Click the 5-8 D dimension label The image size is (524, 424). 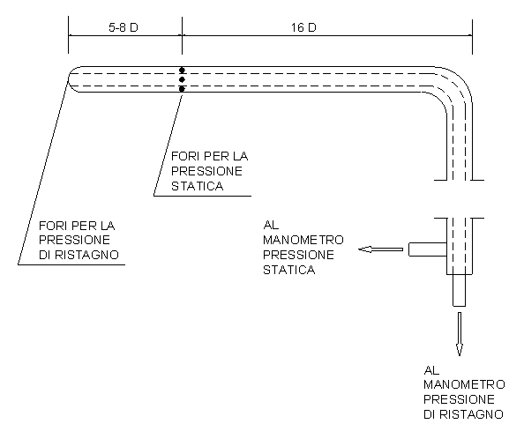(x=123, y=27)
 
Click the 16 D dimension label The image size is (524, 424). (x=303, y=27)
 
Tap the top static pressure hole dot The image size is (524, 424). (x=182, y=71)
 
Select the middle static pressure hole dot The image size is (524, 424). (x=182, y=79)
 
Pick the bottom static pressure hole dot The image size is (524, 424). (x=182, y=89)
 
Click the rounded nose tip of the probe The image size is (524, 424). (x=69, y=79)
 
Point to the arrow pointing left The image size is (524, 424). (x=380, y=249)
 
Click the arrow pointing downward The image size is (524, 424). (x=460, y=334)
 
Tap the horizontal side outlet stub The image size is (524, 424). (x=428, y=249)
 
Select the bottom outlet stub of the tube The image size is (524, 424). (x=460, y=290)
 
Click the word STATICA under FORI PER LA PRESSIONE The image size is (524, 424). (x=197, y=186)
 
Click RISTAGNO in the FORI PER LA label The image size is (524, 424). (x=86, y=255)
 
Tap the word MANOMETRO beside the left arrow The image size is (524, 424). (x=303, y=240)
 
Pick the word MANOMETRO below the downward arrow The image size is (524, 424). (x=464, y=384)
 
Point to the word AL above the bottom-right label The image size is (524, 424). (x=431, y=370)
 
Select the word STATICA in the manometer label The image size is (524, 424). (x=288, y=270)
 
